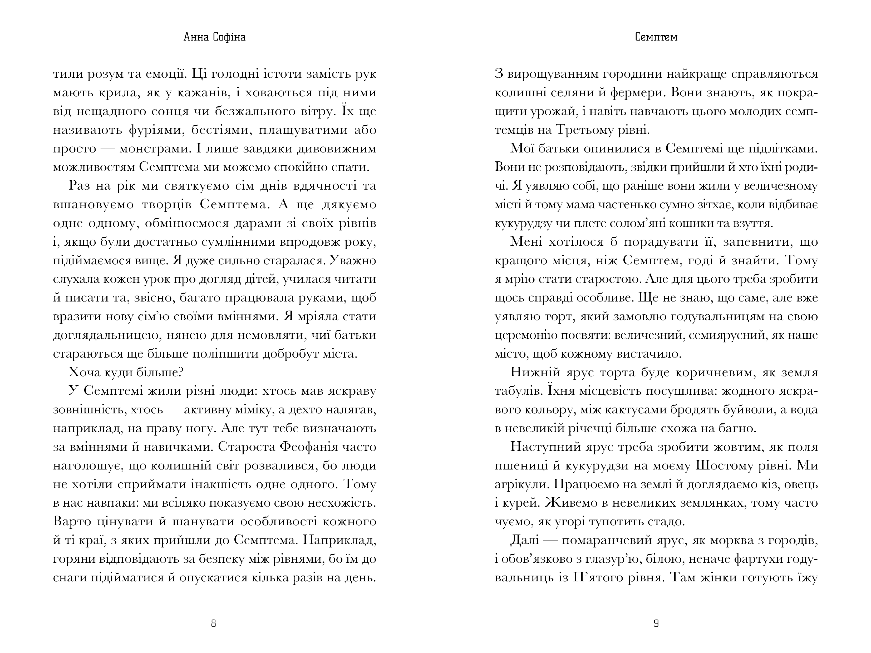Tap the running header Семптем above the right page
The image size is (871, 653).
(656, 37)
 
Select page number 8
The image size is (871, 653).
(213, 624)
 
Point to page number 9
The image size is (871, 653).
(656, 624)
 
